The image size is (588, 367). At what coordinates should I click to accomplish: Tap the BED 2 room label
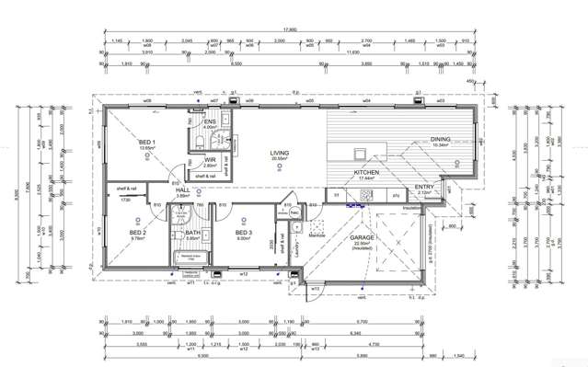pos(138,233)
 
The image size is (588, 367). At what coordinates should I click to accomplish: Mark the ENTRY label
pos(424,188)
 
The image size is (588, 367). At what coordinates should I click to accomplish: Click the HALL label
pos(182,190)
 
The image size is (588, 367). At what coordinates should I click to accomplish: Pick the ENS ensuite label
pos(209,120)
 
